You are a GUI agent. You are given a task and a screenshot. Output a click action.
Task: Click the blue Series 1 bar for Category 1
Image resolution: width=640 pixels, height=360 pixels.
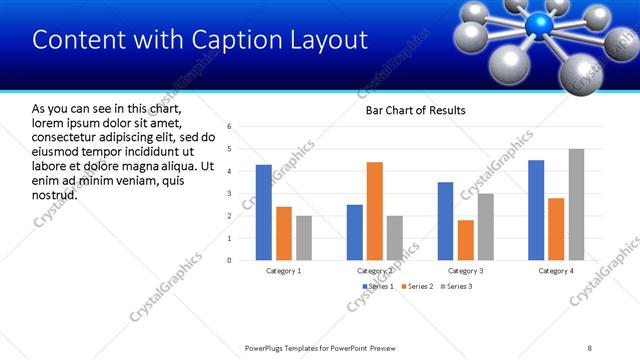264,212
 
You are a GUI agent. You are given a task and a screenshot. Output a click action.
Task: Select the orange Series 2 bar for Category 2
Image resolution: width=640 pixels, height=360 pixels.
375,211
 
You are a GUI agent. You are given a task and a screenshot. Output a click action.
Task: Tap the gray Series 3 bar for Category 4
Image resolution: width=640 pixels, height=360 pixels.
577,204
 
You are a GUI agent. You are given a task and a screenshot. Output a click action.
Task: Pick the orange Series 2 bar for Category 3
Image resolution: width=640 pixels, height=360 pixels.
465,240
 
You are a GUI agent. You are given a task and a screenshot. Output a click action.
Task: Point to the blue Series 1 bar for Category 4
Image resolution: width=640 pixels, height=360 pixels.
536,210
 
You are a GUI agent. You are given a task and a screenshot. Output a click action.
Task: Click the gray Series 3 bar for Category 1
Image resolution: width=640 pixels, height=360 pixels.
304,238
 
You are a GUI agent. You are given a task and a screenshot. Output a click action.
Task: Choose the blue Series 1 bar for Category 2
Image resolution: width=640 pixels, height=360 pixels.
355,232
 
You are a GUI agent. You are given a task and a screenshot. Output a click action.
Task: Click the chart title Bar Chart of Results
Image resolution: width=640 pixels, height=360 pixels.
410,110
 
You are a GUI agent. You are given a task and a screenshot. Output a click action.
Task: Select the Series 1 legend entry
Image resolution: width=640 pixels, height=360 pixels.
378,286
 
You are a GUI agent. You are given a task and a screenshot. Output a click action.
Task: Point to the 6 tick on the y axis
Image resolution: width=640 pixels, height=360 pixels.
229,127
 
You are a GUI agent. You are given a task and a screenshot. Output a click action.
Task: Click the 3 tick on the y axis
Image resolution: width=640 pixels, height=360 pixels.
229,193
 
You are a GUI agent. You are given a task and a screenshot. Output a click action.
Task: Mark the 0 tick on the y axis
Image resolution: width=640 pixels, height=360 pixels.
229,260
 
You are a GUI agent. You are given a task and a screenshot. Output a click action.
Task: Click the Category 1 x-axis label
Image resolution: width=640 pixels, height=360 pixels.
284,271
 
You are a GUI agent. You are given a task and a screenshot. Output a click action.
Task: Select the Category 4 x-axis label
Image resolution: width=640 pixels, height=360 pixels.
556,271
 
